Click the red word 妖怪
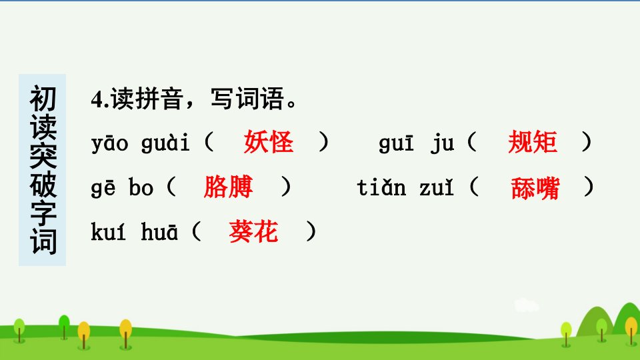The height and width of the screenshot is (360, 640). pos(269,142)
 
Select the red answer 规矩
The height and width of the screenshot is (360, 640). pos(533,142)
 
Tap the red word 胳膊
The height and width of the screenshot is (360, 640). pos(228,187)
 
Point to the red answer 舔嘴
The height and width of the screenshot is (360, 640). pos(535,188)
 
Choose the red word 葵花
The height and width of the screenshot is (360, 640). pos(253,231)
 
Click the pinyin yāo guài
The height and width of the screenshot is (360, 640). pos(141,143)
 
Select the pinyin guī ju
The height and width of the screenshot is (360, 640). pos(416,143)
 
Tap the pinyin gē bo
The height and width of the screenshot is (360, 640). pos(122,188)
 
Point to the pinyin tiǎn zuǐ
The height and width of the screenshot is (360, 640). pos(405,187)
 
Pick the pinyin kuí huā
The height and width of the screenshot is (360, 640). pos(134,231)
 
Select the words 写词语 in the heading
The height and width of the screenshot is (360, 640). pos(247,99)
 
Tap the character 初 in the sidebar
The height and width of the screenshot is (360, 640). pos(43,99)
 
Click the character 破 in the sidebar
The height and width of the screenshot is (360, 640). pos(43,184)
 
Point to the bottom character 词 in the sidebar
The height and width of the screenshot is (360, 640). pos(43,241)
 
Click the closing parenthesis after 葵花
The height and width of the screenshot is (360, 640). pos(311,231)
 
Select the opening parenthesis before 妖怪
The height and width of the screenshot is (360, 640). pos(209,142)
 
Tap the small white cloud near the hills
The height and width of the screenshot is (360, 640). pos(527,305)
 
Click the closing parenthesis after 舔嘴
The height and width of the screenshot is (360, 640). pos(589,187)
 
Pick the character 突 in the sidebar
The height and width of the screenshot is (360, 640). pos(43,155)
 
